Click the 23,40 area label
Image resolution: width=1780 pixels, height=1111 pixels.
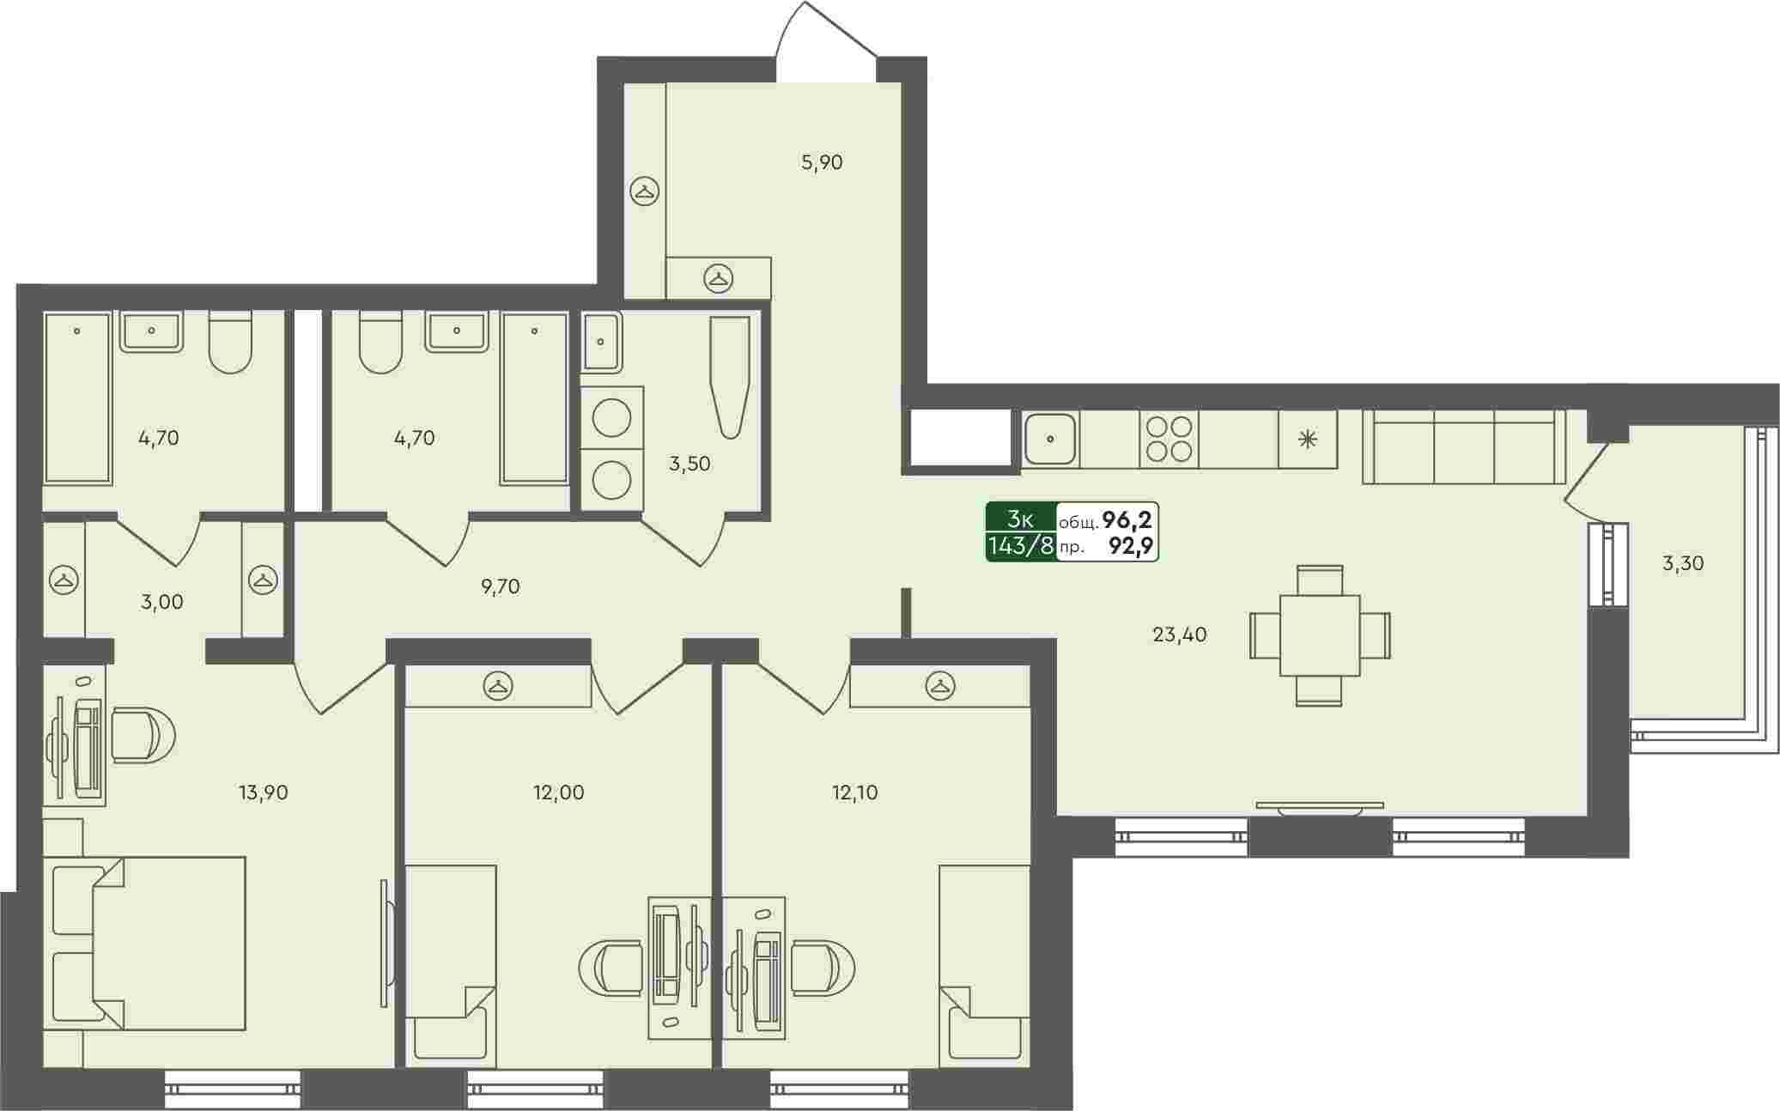click(1179, 635)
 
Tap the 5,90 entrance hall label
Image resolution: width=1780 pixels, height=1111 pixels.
click(822, 162)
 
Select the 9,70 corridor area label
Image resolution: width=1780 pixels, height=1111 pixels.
click(500, 587)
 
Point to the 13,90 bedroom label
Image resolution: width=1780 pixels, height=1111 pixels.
click(263, 792)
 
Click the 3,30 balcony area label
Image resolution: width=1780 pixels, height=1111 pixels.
click(1683, 564)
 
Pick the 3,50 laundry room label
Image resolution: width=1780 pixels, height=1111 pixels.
click(690, 464)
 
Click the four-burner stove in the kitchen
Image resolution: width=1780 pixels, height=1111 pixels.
click(1169, 440)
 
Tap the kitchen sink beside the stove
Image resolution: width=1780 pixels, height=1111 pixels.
click(1051, 440)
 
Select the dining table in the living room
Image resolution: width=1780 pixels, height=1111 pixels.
click(1320, 635)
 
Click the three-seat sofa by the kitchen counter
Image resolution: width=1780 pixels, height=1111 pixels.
click(1463, 446)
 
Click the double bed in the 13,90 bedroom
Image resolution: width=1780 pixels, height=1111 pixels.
click(144, 943)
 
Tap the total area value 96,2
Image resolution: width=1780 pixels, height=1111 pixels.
click(1127, 519)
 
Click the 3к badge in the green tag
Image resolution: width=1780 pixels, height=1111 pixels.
click(1020, 519)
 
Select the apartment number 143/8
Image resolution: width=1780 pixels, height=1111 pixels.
click(1021, 545)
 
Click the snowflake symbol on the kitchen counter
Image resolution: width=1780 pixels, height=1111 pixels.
click(1308, 440)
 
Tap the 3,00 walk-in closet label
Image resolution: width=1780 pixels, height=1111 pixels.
click(162, 602)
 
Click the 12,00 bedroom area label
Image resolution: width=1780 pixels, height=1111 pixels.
click(558, 792)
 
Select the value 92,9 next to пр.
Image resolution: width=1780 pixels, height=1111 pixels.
click(1130, 546)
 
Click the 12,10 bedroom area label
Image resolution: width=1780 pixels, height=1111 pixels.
click(855, 792)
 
